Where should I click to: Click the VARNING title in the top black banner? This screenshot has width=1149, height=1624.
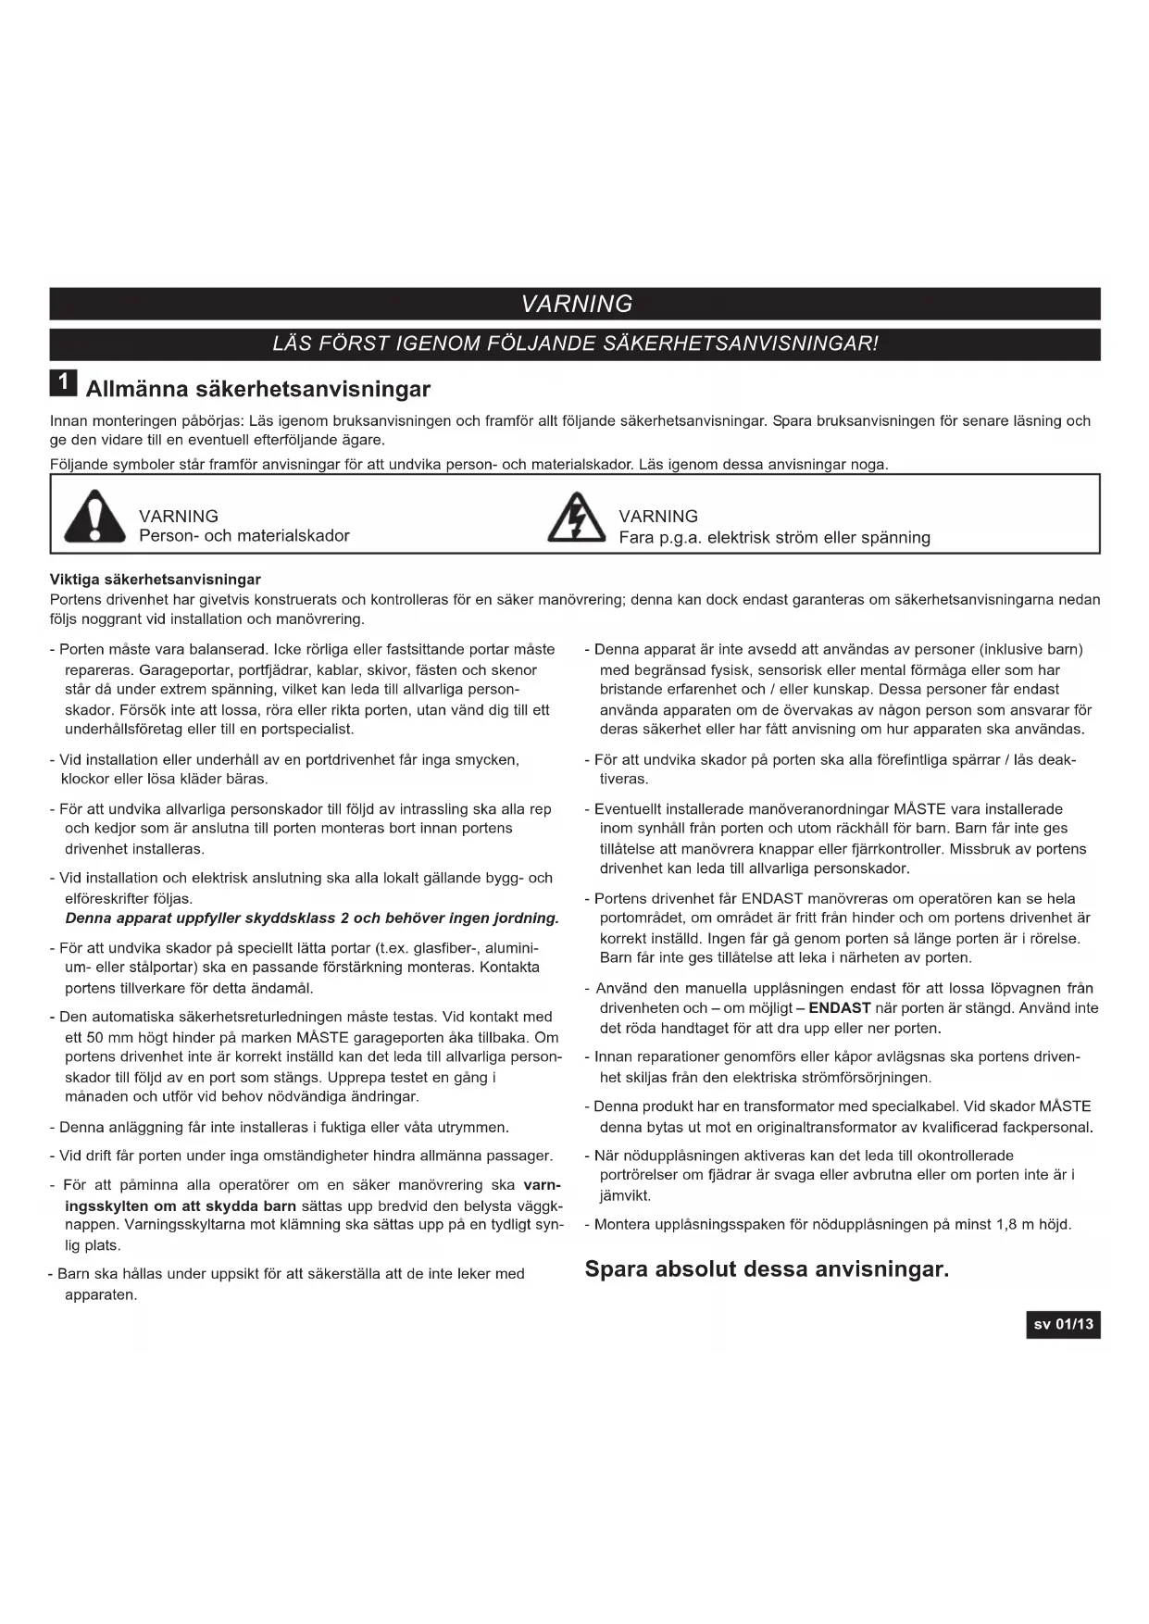(576, 304)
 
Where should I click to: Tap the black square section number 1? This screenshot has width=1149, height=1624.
(63, 382)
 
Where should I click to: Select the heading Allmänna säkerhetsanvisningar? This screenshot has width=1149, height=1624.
(258, 389)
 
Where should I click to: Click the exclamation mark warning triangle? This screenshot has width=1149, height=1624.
(94, 518)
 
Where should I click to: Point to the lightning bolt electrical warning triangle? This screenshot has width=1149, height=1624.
(576, 518)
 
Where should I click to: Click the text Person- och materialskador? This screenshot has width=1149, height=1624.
(244, 536)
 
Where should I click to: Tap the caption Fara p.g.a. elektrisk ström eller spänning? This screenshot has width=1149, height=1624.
(774, 538)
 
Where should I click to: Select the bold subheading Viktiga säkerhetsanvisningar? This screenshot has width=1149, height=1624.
(156, 580)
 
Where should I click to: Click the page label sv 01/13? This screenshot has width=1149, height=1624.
(1063, 1324)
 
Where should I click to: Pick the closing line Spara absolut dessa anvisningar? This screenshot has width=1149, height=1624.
(767, 1268)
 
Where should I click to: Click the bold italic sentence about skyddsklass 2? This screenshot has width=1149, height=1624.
(312, 918)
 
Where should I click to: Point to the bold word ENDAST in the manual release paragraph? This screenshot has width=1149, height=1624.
(839, 1008)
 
